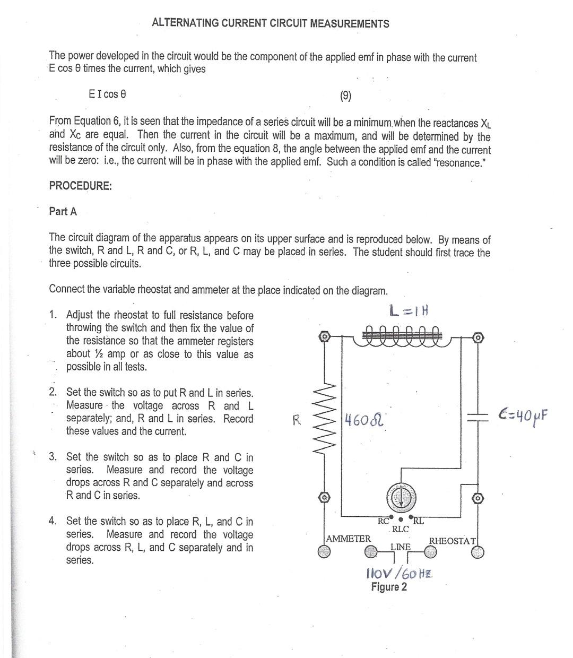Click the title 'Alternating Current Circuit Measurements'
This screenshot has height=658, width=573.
pyautogui.click(x=270, y=23)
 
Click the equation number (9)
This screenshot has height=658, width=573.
pyautogui.click(x=345, y=96)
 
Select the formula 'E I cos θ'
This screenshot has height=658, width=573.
pyautogui.click(x=107, y=94)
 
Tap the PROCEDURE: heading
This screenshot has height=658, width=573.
pyautogui.click(x=80, y=186)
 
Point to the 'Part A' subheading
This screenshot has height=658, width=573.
pyautogui.click(x=63, y=211)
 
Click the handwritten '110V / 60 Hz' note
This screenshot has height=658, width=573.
pyautogui.click(x=400, y=574)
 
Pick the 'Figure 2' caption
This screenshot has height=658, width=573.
pyautogui.click(x=389, y=587)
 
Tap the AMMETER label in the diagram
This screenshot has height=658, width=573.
pyautogui.click(x=349, y=539)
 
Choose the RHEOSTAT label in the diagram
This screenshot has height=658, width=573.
pyautogui.click(x=453, y=541)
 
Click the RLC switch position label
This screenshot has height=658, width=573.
pyautogui.click(x=400, y=529)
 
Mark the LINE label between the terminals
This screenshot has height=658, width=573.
pyautogui.click(x=400, y=547)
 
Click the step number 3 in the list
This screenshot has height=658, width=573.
pyautogui.click(x=53, y=457)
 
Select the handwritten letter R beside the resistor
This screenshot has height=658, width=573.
pyautogui.click(x=297, y=420)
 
